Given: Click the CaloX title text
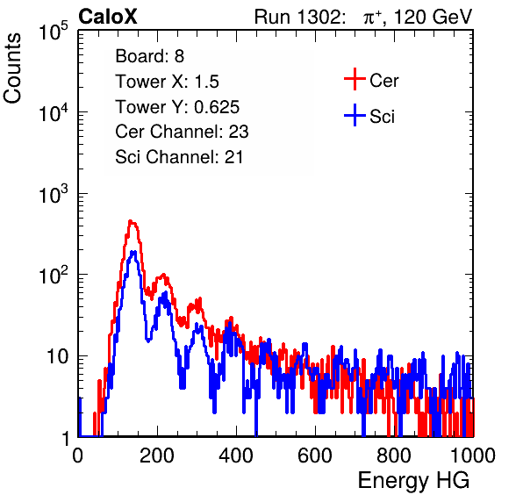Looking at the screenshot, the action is coord(108,17).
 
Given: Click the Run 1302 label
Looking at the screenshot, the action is coord(300,17).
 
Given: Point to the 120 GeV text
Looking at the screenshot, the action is coord(433,17).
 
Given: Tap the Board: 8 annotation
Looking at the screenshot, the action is coord(149,56).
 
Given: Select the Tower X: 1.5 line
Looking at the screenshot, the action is coord(167,82).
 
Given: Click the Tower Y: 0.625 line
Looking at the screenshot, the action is coord(177,107).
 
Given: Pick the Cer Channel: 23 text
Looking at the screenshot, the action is coord(182,132).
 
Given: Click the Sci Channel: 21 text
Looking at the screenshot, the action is coord(179,157).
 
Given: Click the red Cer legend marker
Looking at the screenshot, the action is coord(355,79).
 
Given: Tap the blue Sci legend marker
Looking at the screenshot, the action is coord(355,115).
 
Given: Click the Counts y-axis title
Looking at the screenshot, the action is coord(12,68).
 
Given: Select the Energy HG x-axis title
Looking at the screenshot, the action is coord(413,481).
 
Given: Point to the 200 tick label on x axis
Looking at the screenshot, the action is coord(157,455).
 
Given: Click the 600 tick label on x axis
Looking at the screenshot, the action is coord(315,455).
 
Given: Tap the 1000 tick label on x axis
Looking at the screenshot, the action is coord(473,455).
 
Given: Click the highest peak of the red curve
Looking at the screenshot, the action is coord(131,221).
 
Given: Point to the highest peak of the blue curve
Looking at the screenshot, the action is coord(133,252).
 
